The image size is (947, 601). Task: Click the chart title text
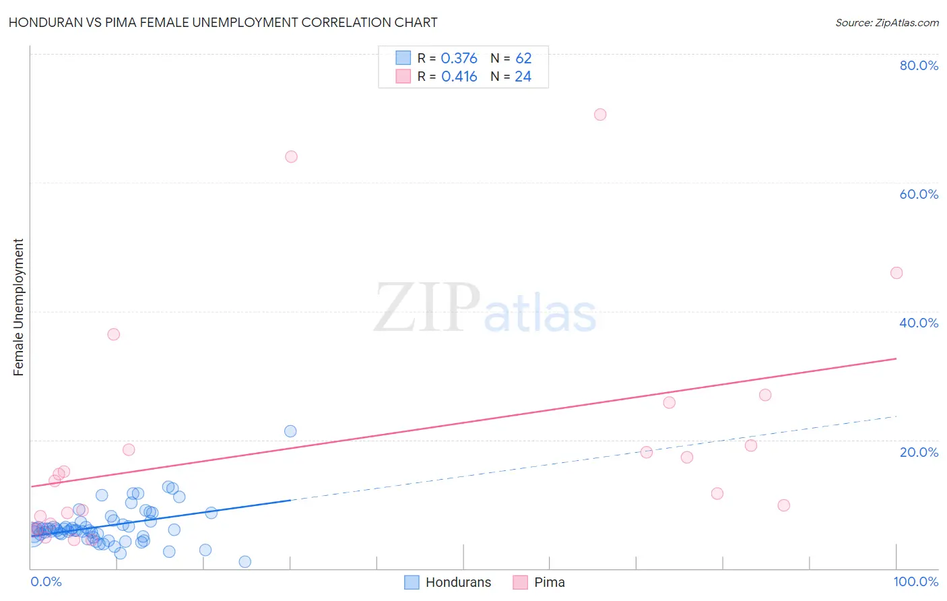pyautogui.click(x=223, y=22)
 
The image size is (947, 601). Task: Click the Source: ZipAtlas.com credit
pyautogui.click(x=886, y=22)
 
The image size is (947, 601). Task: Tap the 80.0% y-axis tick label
pyautogui.click(x=919, y=65)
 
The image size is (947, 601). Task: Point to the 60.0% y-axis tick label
pyautogui.click(x=919, y=194)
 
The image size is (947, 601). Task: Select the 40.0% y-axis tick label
pyautogui.click(x=919, y=323)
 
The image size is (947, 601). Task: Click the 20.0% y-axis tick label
pyautogui.click(x=919, y=451)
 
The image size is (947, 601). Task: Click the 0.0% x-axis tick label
pyautogui.click(x=46, y=581)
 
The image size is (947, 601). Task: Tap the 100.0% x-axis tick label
pyautogui.click(x=915, y=581)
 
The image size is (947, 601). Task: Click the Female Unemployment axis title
pyautogui.click(x=18, y=307)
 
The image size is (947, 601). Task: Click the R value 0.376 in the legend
pyautogui.click(x=459, y=59)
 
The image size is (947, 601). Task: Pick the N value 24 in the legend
pyautogui.click(x=523, y=77)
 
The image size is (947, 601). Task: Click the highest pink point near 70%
pyautogui.click(x=600, y=115)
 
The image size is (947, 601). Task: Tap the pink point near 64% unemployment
pyautogui.click(x=291, y=156)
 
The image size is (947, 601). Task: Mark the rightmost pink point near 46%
pyautogui.click(x=896, y=273)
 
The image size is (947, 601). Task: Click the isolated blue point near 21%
pyautogui.click(x=290, y=431)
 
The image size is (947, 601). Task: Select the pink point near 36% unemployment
pyautogui.click(x=114, y=334)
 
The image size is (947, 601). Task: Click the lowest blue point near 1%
pyautogui.click(x=245, y=562)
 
